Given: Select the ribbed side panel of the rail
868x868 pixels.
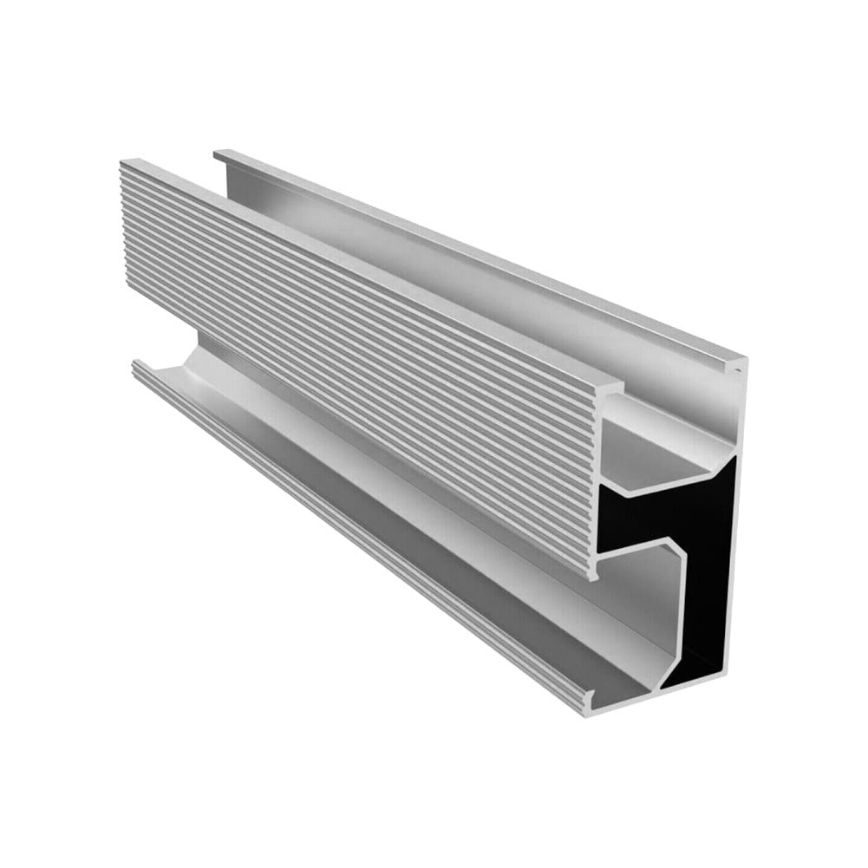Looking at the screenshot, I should [347, 347].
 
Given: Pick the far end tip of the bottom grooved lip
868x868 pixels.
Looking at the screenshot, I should [135, 364].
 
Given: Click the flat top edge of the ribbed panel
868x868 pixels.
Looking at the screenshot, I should [364, 269].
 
